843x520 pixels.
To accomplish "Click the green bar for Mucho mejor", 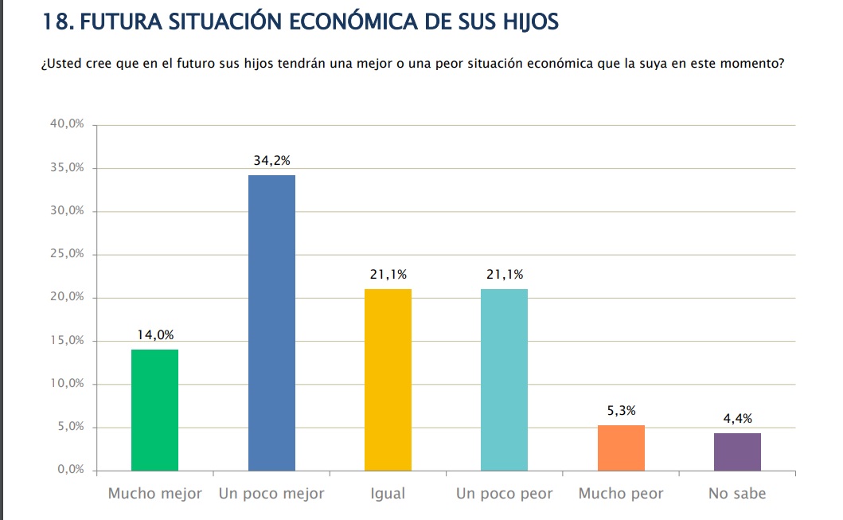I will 154,410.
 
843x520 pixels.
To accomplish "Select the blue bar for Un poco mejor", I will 271,323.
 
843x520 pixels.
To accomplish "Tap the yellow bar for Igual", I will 388,379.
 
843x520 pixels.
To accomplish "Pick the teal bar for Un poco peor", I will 504,379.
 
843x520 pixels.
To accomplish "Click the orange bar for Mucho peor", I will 621,448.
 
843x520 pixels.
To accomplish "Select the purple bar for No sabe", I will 737,452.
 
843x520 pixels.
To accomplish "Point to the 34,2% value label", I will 271,161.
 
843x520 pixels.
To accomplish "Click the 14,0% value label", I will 154,335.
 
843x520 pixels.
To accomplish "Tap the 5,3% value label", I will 621,411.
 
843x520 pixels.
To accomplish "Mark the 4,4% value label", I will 737,419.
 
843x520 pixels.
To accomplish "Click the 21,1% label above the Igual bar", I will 388,275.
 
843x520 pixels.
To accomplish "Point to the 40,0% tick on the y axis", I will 68,125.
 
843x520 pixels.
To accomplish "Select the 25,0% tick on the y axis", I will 68,255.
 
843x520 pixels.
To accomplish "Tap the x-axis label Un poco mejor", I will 271,494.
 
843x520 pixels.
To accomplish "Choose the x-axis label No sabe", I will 737,494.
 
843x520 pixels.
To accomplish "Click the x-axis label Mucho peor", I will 621,494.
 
